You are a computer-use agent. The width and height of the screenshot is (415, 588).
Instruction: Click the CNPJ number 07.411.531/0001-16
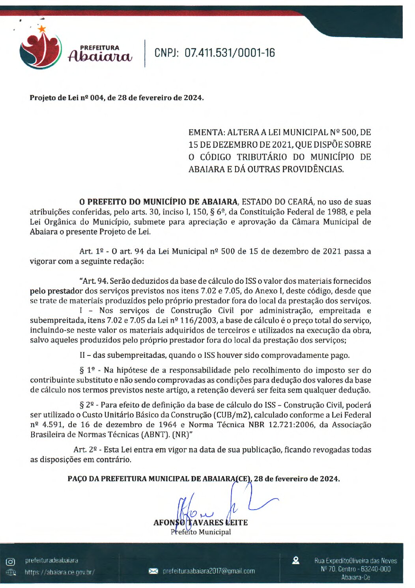[230, 53]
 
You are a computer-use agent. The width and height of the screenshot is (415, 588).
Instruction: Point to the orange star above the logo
[42, 28]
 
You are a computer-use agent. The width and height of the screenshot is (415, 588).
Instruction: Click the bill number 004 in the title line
[96, 98]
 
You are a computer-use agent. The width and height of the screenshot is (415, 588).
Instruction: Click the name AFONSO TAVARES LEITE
[200, 523]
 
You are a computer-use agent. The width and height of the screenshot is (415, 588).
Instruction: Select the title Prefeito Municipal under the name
[201, 532]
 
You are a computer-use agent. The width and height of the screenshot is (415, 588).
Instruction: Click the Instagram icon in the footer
[11, 562]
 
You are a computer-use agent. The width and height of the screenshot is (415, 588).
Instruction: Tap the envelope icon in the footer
[153, 571]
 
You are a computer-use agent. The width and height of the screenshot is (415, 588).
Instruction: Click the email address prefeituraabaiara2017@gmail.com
[209, 571]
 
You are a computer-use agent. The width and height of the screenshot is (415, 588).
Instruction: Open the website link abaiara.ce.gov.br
[60, 572]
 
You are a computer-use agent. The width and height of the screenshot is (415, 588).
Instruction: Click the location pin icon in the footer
[295, 560]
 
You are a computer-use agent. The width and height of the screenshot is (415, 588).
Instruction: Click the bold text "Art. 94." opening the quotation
[94, 281]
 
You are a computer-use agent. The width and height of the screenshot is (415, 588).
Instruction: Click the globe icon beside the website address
[11, 572]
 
